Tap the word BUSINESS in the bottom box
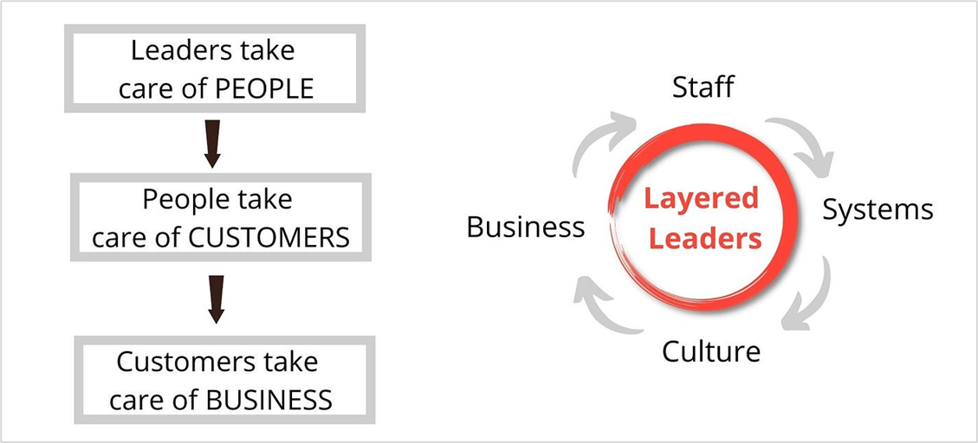269,400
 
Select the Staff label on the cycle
703,87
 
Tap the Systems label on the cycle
878,210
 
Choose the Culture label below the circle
711,351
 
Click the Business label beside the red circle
526,228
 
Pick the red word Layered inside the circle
701,199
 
